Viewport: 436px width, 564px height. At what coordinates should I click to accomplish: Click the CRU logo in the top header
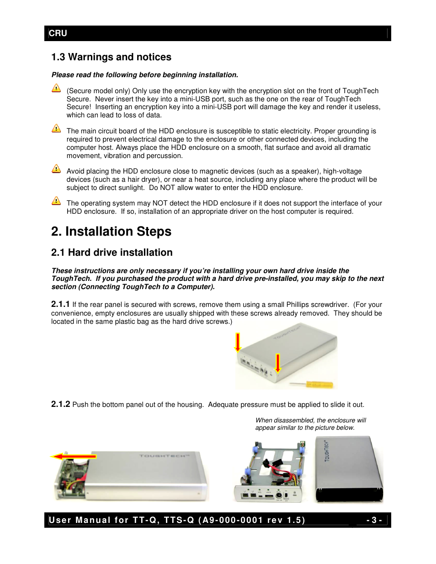pos(58,33)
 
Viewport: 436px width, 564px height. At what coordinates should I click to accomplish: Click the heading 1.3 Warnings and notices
pos(111,57)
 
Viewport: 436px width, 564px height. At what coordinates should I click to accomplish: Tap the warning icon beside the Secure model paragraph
pos(56,88)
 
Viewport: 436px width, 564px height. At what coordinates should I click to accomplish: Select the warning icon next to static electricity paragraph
pos(56,128)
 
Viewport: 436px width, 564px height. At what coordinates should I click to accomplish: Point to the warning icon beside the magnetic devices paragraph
pos(56,169)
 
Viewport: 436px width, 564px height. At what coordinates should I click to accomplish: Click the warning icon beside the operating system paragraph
pos(56,201)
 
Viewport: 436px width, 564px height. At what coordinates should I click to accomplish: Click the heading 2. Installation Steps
pos(111,232)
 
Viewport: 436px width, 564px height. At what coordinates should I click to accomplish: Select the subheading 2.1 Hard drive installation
pos(112,253)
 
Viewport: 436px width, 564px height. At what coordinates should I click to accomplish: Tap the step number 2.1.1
pos(60,304)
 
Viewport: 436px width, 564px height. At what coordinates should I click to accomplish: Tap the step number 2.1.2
pos(60,404)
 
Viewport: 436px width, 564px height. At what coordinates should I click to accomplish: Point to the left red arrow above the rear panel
pos(238,343)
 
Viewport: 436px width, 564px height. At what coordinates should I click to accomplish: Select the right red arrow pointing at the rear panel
pos(277,363)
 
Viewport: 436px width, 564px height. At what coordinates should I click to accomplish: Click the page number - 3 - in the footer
pos(374,520)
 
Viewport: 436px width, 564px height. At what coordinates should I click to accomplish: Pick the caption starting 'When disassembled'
pos(310,424)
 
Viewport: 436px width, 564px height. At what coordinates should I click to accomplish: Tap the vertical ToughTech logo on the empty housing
pos(327,451)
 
